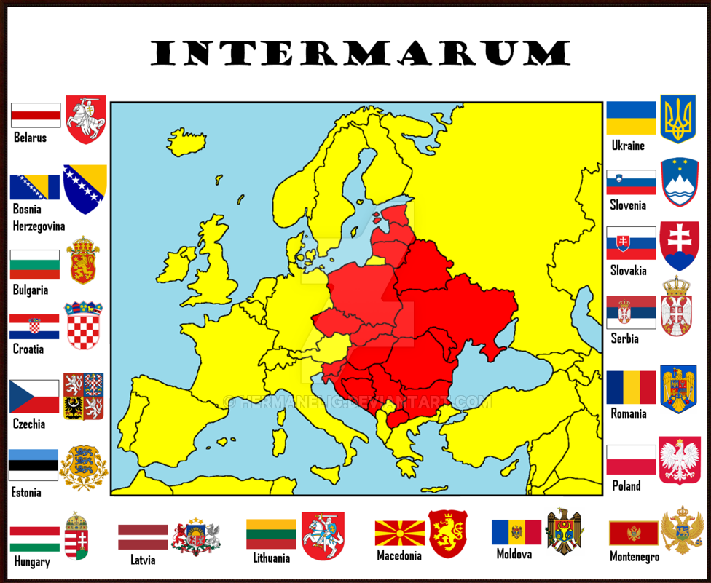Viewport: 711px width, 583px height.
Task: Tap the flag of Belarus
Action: point(36,115)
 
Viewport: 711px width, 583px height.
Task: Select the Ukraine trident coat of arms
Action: point(677,118)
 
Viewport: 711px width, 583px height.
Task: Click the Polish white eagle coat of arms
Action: point(679,461)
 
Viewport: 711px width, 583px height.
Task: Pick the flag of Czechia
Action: point(34,397)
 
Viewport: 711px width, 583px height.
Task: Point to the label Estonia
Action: point(26,493)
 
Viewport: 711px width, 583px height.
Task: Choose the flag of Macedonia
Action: point(400,534)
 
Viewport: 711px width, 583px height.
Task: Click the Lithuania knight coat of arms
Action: point(323,535)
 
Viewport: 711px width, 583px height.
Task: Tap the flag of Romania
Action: point(631,388)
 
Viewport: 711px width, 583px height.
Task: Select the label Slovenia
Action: point(628,205)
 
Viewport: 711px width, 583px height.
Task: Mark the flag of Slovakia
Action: point(631,243)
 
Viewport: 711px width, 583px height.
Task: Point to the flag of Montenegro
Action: point(633,534)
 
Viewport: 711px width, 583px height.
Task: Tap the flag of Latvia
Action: point(143,537)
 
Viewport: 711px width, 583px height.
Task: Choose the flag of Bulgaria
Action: point(34,265)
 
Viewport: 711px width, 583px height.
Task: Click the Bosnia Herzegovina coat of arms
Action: point(85,189)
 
